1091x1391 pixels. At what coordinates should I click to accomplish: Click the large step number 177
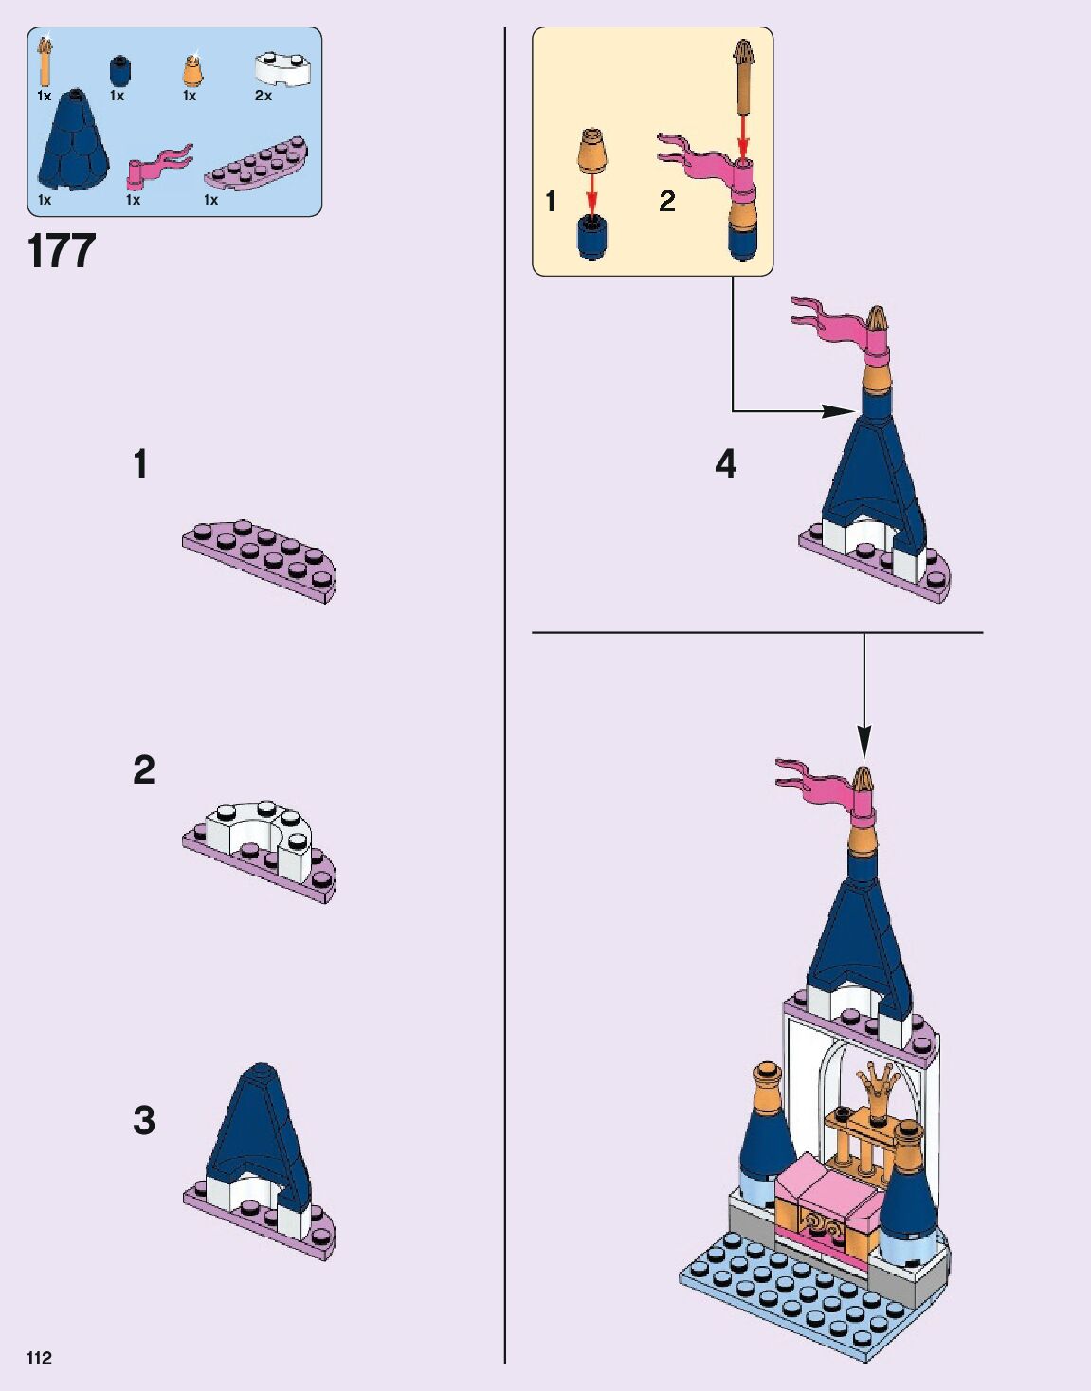tap(62, 251)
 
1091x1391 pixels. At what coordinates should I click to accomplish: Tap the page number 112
tap(39, 1358)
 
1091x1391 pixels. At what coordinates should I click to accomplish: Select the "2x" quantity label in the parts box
tap(264, 96)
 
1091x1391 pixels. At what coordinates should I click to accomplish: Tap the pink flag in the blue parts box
tap(158, 166)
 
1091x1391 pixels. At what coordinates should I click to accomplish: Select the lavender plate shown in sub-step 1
tap(260, 561)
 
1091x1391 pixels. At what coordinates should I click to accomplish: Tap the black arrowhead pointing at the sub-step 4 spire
tap(839, 411)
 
